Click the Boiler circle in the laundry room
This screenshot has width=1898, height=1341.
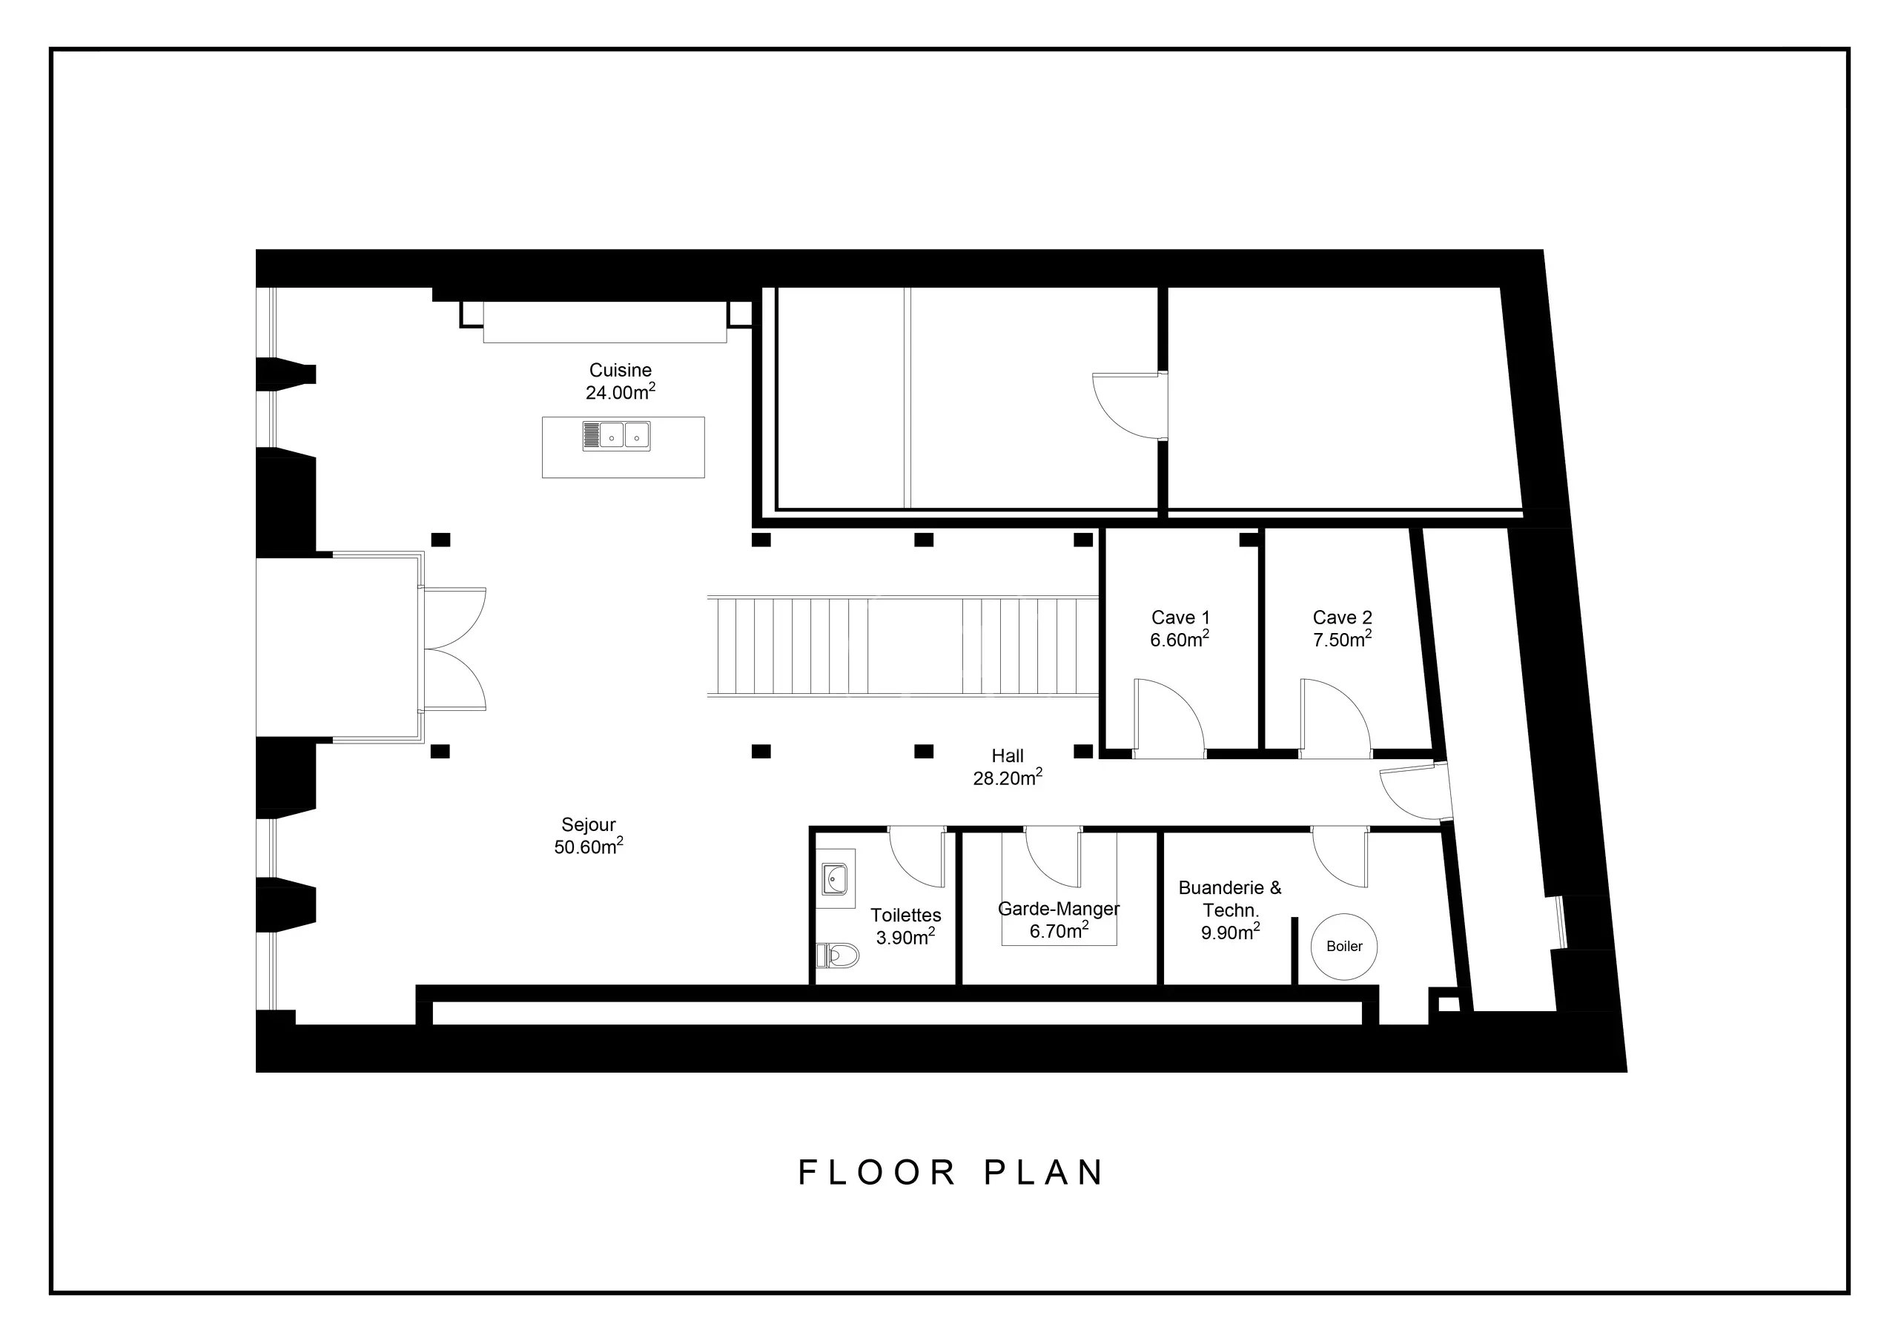pos(1344,947)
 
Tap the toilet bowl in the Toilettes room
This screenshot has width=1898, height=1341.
pos(837,956)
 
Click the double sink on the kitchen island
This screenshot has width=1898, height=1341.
pos(616,435)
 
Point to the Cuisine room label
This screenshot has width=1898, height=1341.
pos(620,371)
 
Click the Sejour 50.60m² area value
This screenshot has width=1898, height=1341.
pos(589,847)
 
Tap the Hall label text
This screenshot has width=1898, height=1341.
pos(1008,755)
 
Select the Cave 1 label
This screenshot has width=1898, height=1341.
pos(1180,617)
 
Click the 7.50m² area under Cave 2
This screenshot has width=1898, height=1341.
pos(1343,639)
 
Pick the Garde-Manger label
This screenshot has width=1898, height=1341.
pos(1059,909)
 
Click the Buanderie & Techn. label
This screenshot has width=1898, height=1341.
pos(1230,898)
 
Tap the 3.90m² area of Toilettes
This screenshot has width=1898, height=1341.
pos(906,937)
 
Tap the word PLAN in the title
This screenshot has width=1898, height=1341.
pos(1044,1172)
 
